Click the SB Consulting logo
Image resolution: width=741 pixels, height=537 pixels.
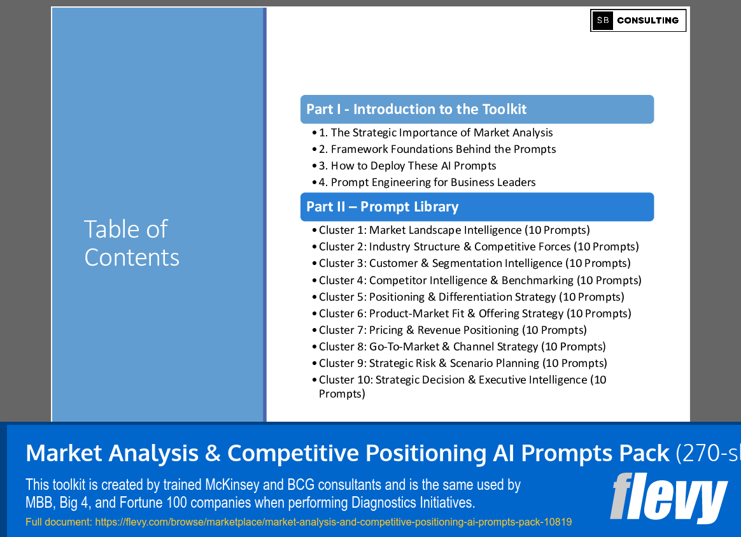tap(638, 20)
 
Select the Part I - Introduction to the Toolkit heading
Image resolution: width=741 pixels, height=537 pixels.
tap(416, 110)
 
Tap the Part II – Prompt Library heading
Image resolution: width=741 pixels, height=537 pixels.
tap(382, 207)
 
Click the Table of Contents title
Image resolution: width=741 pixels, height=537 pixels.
tap(132, 243)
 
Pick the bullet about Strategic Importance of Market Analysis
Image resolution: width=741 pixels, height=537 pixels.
tap(435, 132)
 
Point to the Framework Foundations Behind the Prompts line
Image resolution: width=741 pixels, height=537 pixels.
tap(437, 149)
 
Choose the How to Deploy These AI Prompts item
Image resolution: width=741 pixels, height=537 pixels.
tap(407, 166)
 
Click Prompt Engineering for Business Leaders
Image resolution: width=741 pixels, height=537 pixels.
tap(427, 182)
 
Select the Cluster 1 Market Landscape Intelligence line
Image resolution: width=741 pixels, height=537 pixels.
tap(454, 230)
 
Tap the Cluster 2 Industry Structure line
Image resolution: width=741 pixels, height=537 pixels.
tap(479, 247)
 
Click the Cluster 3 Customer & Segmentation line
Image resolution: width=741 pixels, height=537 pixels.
tap(474, 263)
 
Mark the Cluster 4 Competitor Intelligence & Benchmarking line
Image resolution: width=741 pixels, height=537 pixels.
tap(480, 280)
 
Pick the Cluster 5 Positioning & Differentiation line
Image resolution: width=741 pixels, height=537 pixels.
tap(471, 297)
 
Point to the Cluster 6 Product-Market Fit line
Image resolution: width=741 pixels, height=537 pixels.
tap(475, 313)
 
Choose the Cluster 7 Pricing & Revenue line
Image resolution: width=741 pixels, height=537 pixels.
tap(453, 330)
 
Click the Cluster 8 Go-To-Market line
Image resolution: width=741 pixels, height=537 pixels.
tap(462, 347)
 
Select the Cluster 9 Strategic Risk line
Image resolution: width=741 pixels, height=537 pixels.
tap(463, 363)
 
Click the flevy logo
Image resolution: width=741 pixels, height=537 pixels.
tap(668, 498)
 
